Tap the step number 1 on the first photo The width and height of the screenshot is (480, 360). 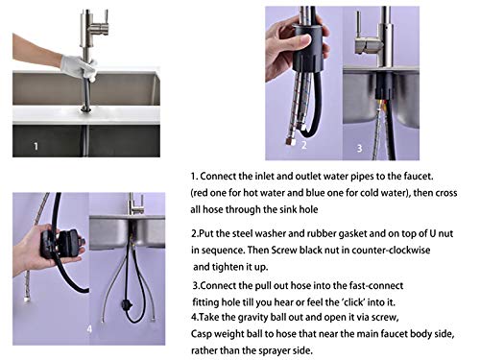click(x=36, y=148)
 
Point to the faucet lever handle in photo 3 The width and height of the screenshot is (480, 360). click(x=367, y=44)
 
